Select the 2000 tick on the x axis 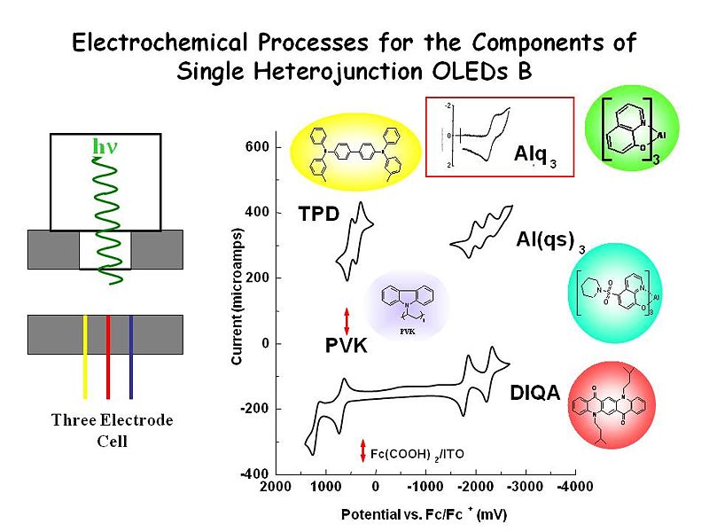277,487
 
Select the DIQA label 535,392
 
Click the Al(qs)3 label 549,239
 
